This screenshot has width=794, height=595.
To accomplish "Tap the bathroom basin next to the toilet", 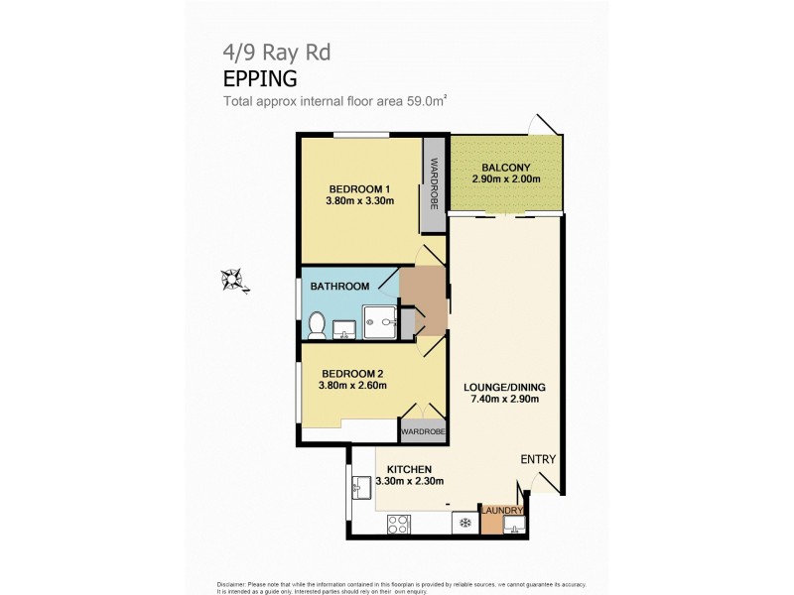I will (344, 326).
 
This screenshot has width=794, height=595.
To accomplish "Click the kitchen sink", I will (362, 488).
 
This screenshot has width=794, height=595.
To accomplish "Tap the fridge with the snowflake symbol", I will (463, 523).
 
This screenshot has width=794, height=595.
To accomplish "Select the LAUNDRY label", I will (502, 511).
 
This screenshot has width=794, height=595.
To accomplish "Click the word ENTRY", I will (538, 459).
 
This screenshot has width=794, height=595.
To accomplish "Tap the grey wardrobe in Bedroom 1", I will (433, 183).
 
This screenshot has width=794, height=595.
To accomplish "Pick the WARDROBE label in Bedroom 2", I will (422, 432).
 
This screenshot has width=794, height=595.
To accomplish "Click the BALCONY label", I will (506, 167).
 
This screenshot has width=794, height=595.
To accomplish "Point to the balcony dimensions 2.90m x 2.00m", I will (506, 179).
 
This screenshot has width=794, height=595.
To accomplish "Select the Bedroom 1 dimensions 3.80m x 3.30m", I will (359, 202).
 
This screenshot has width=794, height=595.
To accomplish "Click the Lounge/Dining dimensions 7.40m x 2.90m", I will (506, 400).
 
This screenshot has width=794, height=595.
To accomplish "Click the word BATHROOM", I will (339, 287).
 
